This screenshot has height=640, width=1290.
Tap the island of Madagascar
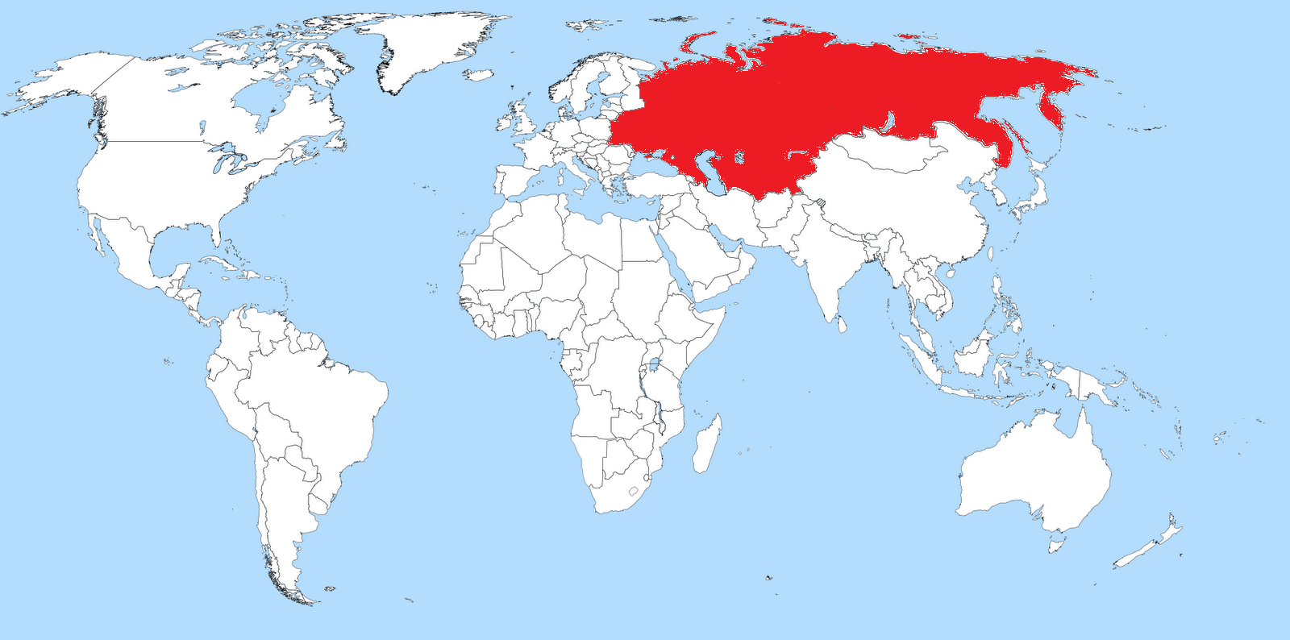(x=707, y=444)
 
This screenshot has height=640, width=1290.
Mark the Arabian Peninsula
(x=709, y=258)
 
